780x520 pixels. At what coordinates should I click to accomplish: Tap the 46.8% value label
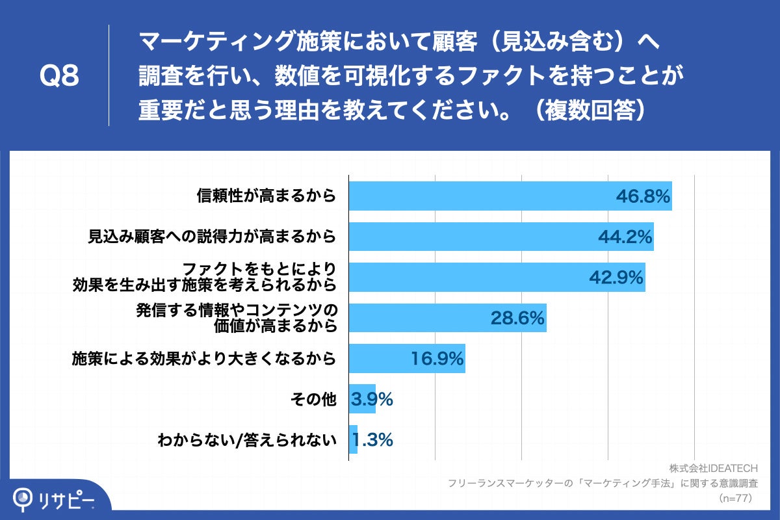(x=642, y=196)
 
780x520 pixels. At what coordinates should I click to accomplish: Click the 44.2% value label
(x=625, y=237)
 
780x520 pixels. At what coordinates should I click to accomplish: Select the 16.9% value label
(x=437, y=358)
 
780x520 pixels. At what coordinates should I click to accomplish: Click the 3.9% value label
(x=372, y=399)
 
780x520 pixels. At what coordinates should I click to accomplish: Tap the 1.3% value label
(x=372, y=440)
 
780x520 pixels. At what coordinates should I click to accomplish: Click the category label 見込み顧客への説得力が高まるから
(x=212, y=237)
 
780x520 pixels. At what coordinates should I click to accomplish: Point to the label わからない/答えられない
(x=247, y=440)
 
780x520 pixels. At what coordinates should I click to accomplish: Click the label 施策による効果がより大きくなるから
(x=204, y=358)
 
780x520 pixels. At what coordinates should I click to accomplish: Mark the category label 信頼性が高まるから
(x=266, y=196)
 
